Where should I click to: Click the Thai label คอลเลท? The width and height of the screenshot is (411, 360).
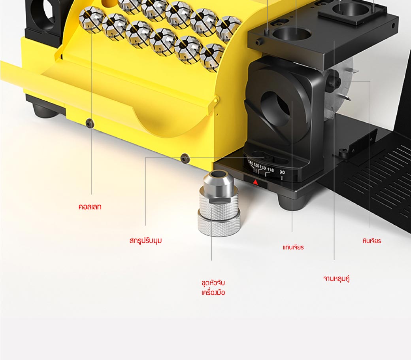click(x=90, y=207)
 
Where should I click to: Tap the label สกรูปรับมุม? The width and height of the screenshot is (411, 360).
click(x=145, y=241)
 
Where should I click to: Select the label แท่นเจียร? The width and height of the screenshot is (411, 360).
click(x=293, y=247)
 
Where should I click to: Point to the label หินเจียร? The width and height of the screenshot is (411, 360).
click(x=372, y=241)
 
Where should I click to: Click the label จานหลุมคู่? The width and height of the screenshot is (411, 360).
click(x=337, y=279)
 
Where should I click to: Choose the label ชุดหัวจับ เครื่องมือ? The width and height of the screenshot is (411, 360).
click(x=213, y=288)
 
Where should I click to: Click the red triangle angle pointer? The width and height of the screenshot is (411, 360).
click(x=256, y=182)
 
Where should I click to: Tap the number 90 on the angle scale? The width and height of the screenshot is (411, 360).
click(x=282, y=172)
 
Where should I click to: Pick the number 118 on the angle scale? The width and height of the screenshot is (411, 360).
click(x=270, y=170)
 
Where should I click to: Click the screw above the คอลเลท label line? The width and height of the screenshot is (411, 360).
click(x=90, y=123)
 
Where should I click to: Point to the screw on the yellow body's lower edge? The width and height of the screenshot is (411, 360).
click(x=185, y=158)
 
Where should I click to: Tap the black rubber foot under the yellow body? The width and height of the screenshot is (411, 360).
click(x=45, y=110)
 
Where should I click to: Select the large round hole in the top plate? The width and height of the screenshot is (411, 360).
click(x=292, y=34)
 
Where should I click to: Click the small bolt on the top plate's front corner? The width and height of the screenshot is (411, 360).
click(x=259, y=42)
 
